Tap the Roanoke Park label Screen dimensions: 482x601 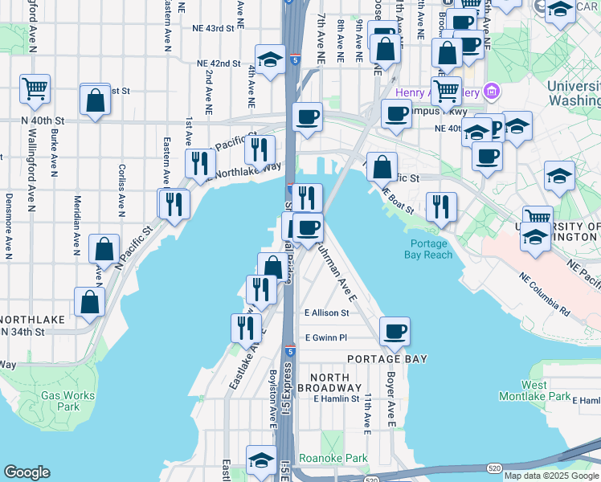[333, 459]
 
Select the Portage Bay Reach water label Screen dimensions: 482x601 [431, 249]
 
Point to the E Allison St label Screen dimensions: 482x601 [327, 313]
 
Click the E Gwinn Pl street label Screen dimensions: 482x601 [325, 338]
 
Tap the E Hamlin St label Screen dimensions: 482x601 [337, 398]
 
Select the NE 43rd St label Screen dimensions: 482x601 [213, 28]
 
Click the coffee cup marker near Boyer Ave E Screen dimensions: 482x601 [395, 331]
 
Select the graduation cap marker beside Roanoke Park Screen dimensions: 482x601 [260, 460]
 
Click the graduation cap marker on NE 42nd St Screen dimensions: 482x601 [271, 59]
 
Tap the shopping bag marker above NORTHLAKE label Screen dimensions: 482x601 [89, 301]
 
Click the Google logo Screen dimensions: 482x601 [27, 472]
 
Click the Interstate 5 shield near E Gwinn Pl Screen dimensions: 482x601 [290, 351]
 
